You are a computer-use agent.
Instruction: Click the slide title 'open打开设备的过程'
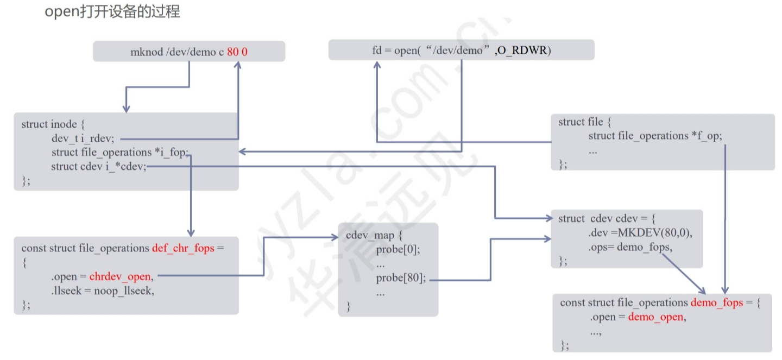112,12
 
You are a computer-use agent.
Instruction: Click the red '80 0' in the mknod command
237,52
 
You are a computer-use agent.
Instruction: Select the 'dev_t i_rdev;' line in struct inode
83,138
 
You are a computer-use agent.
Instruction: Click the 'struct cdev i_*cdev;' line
99,166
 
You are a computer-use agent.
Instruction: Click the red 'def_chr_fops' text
183,248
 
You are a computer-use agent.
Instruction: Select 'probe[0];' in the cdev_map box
398,250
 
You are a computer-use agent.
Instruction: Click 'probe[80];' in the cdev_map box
401,279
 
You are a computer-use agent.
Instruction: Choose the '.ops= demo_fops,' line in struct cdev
630,247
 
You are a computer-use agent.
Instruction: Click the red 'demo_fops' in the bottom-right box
716,302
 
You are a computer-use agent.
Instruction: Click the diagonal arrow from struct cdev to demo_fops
683,272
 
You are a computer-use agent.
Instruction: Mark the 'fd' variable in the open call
377,50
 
